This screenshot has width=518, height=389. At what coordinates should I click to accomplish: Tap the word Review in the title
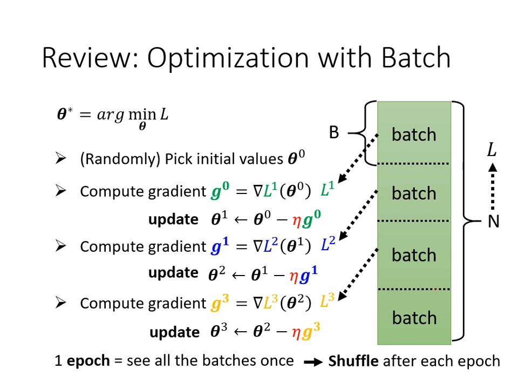(x=86, y=57)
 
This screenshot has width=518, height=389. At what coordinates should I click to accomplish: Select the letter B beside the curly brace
(x=334, y=132)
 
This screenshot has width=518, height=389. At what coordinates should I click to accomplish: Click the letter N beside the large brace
(x=493, y=222)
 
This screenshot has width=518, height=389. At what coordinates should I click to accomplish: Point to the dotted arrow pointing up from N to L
(x=492, y=187)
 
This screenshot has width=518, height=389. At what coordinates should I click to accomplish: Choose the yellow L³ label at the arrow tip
(x=328, y=300)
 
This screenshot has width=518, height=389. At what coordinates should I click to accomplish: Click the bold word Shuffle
(x=353, y=360)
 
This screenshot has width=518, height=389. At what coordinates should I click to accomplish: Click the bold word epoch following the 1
(x=88, y=361)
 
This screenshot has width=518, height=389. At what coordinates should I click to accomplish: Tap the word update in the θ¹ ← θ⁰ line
(x=173, y=219)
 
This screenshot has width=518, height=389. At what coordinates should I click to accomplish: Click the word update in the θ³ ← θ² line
(x=174, y=332)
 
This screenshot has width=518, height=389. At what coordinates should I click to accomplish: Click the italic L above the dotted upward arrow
(x=492, y=150)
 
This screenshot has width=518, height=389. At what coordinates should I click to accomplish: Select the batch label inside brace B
(x=414, y=134)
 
